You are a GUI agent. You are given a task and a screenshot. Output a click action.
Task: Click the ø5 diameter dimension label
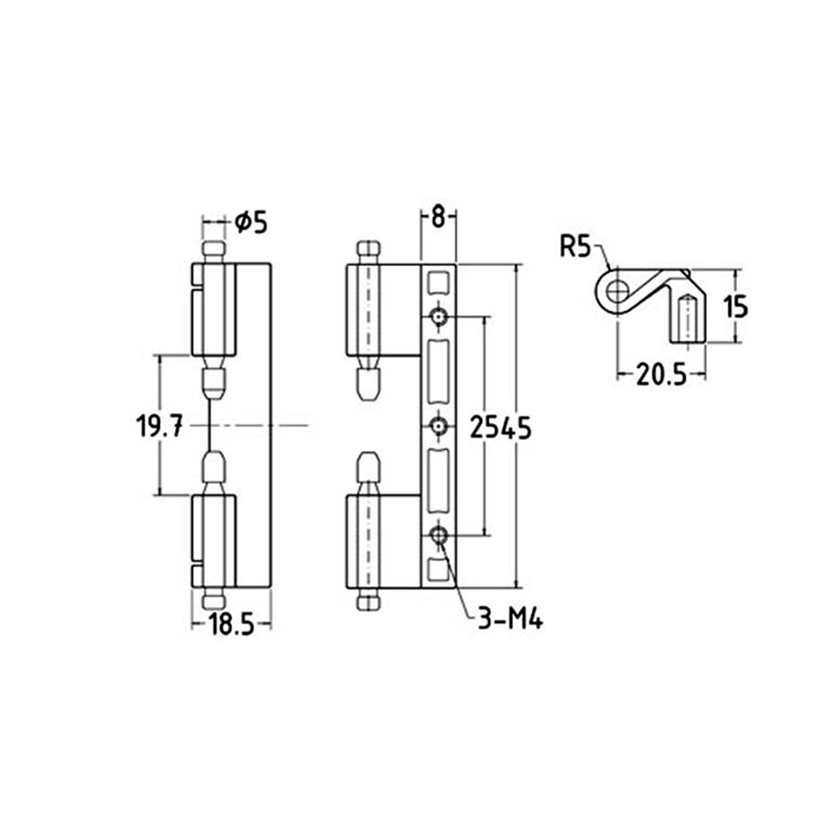251,222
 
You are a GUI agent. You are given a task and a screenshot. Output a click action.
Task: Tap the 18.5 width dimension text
232,625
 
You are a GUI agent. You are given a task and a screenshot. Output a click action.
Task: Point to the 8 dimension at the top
438,217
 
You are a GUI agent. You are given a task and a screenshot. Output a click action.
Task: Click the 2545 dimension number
500,428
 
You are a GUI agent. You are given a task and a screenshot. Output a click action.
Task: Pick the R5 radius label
575,246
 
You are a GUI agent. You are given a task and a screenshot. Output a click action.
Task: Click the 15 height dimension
736,307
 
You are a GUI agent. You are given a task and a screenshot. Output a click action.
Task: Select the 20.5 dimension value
661,376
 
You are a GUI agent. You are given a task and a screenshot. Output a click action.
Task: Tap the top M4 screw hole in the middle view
439,317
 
